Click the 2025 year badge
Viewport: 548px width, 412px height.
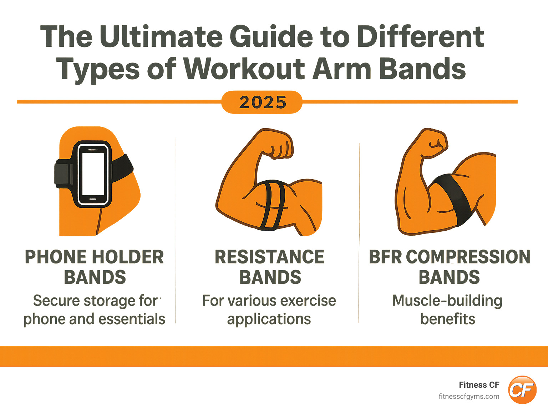tap(262, 102)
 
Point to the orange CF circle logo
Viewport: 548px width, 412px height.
tap(522, 390)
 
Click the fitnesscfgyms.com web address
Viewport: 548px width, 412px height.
tap(469, 397)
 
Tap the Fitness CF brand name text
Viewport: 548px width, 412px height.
tap(479, 385)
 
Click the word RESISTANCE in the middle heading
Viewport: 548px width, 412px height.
tap(269, 257)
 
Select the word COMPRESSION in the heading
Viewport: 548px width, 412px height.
tap(468, 257)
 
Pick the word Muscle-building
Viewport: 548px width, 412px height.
tap(447, 301)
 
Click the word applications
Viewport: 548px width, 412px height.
tap(269, 319)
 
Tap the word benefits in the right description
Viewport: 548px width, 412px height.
tap(448, 319)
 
